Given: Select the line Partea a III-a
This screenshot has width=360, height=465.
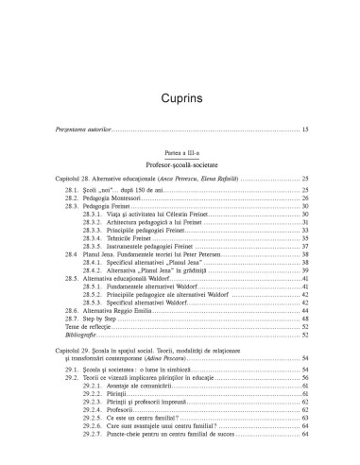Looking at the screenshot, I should pos(180,190).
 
